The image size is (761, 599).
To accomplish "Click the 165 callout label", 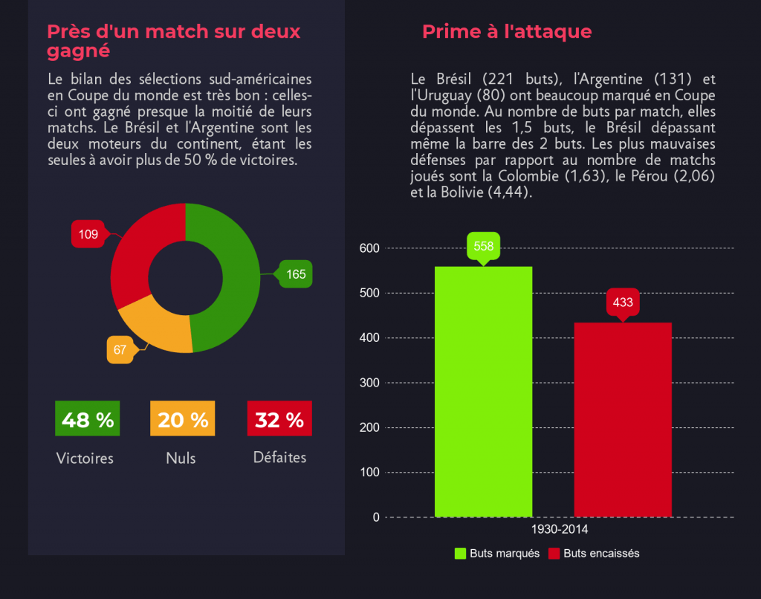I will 295,274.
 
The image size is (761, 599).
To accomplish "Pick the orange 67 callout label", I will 120,349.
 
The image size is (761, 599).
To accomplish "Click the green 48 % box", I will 88,419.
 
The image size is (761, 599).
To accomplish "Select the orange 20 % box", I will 183,419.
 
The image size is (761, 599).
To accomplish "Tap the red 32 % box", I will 279,419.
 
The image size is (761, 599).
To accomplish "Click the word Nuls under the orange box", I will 181,459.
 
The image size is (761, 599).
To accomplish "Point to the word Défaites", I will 279,458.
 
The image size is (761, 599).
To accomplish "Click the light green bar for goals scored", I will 483,394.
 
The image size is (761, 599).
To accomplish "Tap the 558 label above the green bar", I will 483,246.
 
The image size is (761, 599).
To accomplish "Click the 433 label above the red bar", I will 623,302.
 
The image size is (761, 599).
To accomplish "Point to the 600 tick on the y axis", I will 370,248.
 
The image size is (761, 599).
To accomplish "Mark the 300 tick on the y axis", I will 370,383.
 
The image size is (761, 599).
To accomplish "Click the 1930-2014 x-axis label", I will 560,530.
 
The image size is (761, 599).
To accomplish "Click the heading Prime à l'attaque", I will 507,31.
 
